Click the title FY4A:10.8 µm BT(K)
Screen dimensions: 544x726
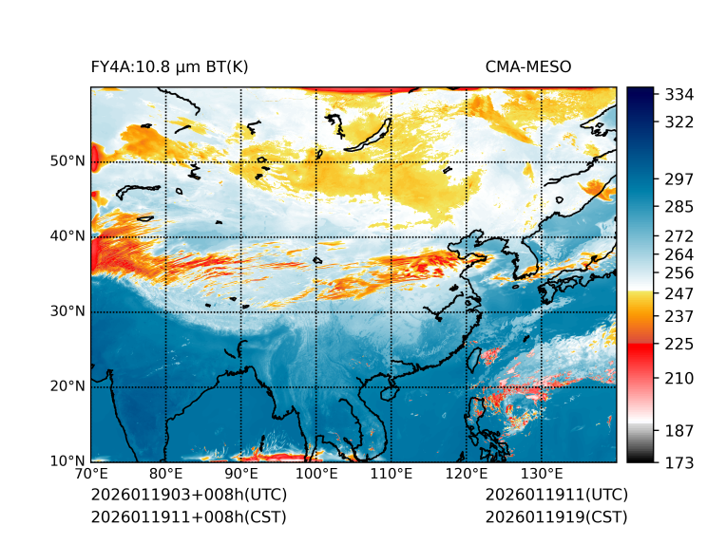170,66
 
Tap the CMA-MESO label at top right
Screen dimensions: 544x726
528,66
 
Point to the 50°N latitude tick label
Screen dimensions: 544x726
67,161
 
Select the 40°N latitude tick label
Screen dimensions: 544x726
67,236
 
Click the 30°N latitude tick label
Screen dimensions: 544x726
67,311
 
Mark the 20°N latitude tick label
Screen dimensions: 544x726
67,386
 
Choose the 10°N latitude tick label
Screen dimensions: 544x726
67,461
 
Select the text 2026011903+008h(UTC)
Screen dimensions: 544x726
188,496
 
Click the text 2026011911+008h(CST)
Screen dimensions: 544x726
188,517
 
